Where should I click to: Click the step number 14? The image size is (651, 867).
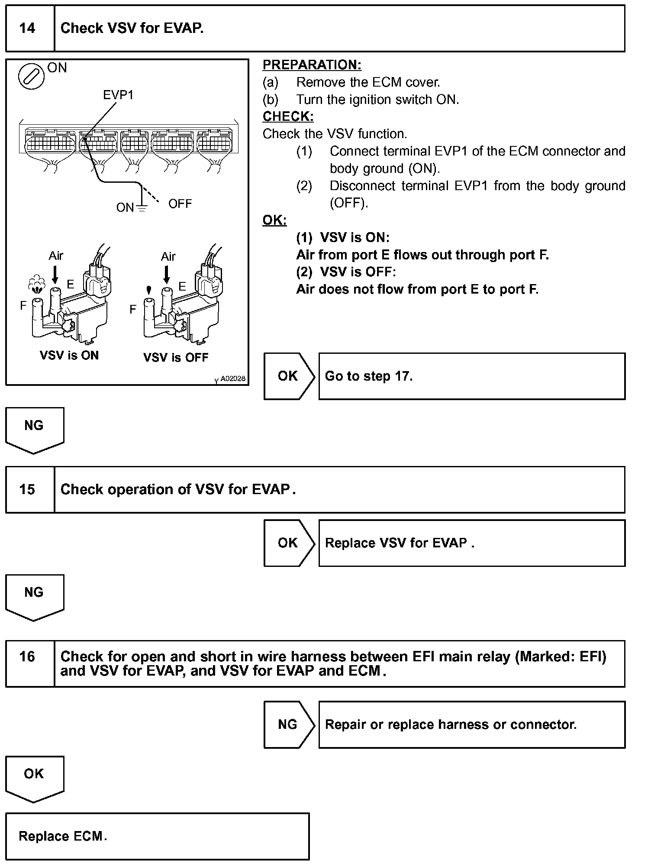[x=27, y=29]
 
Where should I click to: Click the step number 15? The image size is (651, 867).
[x=27, y=490]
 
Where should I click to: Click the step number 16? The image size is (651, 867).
[x=27, y=657]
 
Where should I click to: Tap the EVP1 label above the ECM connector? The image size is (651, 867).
[x=118, y=95]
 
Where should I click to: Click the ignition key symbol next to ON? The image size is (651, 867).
[x=31, y=77]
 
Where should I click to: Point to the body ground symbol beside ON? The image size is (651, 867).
[x=142, y=207]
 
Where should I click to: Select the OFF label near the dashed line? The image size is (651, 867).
[x=180, y=204]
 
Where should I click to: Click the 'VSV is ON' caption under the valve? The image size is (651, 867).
[x=69, y=356]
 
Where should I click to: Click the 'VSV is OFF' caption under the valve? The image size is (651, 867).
[x=176, y=358]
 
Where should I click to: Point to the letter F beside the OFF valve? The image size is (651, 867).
[x=133, y=309]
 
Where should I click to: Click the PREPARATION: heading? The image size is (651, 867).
[x=312, y=65]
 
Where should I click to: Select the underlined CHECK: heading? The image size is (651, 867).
[x=288, y=116]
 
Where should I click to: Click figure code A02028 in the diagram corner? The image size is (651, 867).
[x=232, y=379]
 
